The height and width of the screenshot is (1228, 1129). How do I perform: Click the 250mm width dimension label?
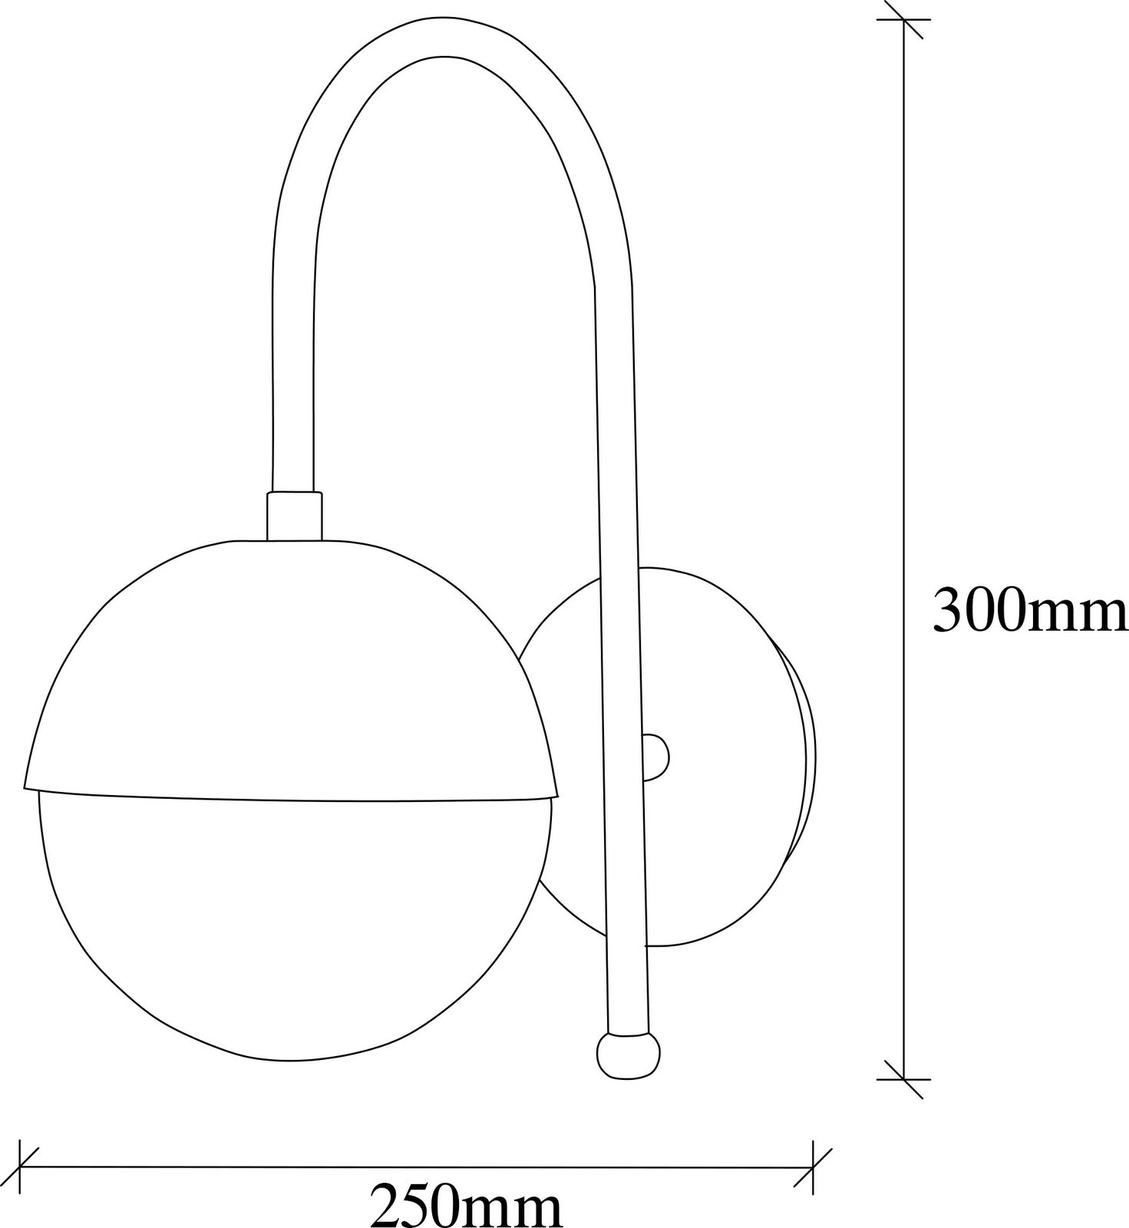[467, 1205]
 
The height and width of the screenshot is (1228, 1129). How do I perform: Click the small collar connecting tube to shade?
[294, 516]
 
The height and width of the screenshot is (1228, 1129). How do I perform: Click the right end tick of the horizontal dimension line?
[813, 1169]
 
